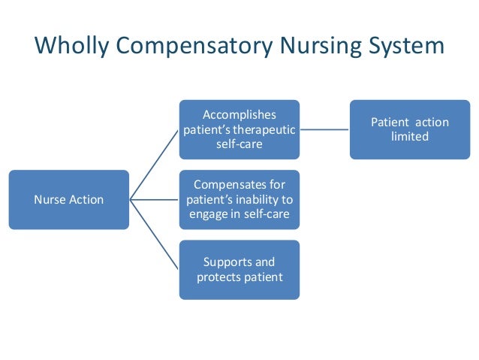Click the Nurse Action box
[x=69, y=199]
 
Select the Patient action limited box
[x=409, y=129]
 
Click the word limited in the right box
[x=409, y=137]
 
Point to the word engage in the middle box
[x=209, y=213]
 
